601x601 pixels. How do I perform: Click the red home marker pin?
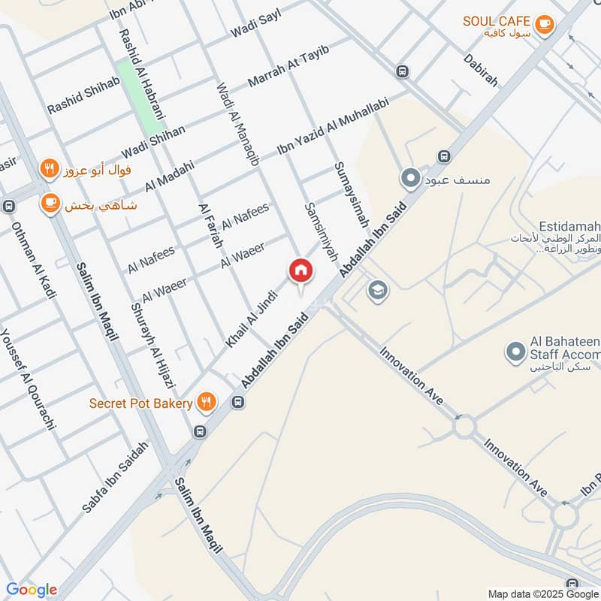tap(300, 270)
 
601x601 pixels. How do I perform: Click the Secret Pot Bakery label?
tap(140, 403)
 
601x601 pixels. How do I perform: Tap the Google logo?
tap(31, 590)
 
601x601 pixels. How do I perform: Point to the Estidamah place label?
tap(569, 225)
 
